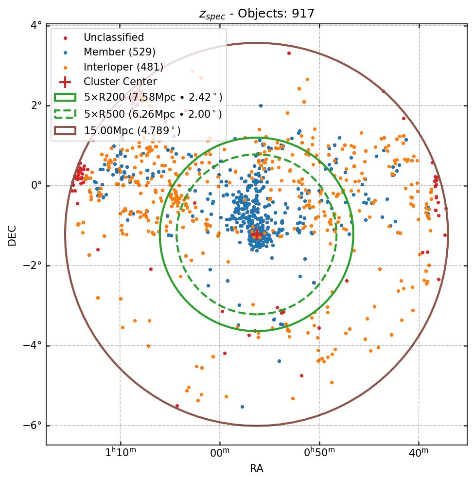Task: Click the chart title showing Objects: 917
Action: point(257,14)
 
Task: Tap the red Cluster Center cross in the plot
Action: point(256,234)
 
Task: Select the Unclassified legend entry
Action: point(113,37)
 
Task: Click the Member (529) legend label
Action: point(119,52)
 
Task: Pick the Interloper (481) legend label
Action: point(123,67)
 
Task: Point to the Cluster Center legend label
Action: point(120,82)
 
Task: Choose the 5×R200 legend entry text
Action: point(153,97)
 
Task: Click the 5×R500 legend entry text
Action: point(153,114)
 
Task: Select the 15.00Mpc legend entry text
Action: point(132,131)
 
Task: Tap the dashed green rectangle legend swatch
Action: point(65,114)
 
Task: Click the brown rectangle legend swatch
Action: point(65,131)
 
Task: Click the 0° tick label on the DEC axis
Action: point(36,186)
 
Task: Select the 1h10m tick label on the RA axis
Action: point(121,453)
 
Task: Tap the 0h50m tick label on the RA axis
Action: point(320,453)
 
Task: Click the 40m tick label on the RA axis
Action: point(419,453)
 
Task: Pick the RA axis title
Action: point(256,468)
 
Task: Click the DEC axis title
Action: point(12,235)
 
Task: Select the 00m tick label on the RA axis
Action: point(220,453)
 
